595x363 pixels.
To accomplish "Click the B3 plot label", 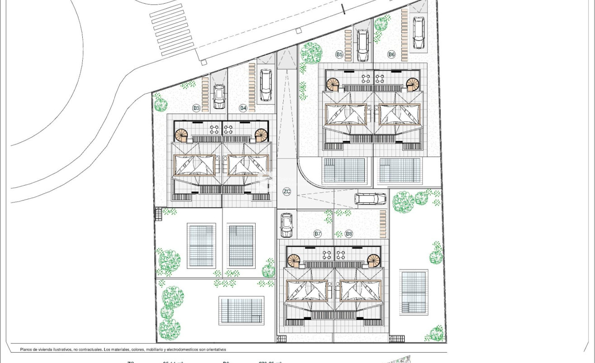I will tap(196, 108).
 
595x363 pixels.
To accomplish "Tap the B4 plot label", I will tap(243, 108).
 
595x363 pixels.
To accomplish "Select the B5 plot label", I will tap(339, 54).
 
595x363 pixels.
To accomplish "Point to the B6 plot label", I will tap(391, 54).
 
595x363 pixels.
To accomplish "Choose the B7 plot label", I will tap(318, 234).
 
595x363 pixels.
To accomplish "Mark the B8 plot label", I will tap(349, 234).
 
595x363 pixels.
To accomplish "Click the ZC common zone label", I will tap(287, 191).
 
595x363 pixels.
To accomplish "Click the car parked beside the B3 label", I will tap(219, 97).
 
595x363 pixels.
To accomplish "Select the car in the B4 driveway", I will tap(266, 85).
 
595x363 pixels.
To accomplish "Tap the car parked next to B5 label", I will tap(363, 45).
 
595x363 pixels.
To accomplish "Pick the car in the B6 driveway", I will tap(419, 33).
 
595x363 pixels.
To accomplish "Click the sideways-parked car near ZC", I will tap(371, 199).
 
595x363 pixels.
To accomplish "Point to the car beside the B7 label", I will tap(286, 225).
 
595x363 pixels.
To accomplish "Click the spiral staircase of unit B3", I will tap(181, 135).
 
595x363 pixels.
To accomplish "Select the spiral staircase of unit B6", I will tap(413, 84).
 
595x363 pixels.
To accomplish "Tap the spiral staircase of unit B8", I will tap(374, 260).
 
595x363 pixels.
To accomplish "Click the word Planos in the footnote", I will tap(26, 349).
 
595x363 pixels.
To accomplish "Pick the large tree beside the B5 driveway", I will tap(311, 53).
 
